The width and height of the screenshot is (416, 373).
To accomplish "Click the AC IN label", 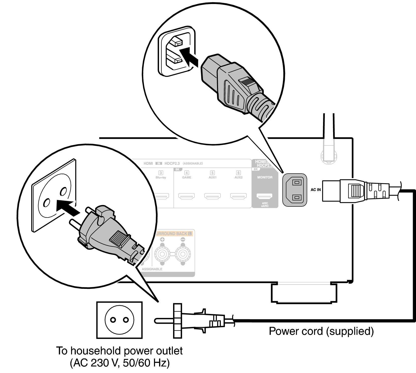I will [x=316, y=190].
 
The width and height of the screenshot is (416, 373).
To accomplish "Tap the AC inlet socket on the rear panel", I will [x=295, y=190].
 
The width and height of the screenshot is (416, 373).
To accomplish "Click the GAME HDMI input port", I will [x=186, y=196].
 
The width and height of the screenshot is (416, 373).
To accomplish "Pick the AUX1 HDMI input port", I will [x=212, y=196].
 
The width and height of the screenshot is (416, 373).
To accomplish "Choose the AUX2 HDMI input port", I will [x=238, y=196].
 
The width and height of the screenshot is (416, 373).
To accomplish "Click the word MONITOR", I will [x=265, y=177].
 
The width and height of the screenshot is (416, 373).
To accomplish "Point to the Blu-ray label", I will [x=161, y=177].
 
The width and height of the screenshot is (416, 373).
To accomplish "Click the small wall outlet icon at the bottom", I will [x=119, y=320].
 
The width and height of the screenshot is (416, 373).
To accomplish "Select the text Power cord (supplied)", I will [x=321, y=331].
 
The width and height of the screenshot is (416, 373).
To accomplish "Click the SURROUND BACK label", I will [x=173, y=234].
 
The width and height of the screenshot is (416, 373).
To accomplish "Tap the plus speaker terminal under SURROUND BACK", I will [x=162, y=254].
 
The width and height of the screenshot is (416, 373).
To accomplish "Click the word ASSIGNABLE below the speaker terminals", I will [x=152, y=269].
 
